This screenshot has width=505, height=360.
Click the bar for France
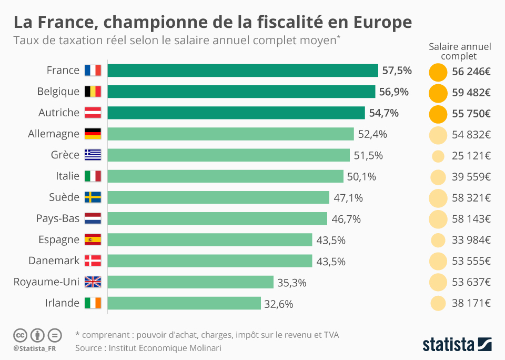tap(243, 71)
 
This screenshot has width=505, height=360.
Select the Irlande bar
tap(184, 303)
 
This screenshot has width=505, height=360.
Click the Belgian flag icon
tap(93, 92)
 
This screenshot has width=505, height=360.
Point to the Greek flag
tap(93, 155)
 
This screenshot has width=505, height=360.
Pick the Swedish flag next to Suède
tap(93, 197)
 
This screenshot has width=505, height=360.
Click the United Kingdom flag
tap(93, 282)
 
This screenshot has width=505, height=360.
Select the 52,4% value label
tap(372, 134)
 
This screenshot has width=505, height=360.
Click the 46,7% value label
tap(346, 219)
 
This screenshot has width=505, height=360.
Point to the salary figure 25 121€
tap(471, 156)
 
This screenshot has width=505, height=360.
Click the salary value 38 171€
tap(471, 303)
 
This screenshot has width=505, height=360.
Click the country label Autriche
tap(59, 113)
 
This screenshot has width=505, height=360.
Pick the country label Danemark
tap(54, 261)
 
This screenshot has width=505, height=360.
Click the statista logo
tap(457, 345)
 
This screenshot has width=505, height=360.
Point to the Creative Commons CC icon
tap(20, 335)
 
